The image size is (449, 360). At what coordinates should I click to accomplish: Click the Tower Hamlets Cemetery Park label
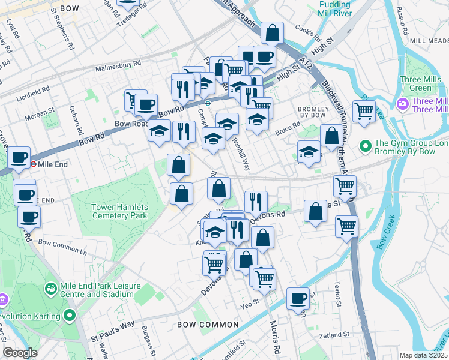click(x=119, y=211)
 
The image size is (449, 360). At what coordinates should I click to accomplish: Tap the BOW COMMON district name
click(x=208, y=325)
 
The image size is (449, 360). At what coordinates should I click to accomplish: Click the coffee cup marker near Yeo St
click(x=298, y=298)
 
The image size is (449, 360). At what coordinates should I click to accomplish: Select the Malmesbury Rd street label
click(x=119, y=62)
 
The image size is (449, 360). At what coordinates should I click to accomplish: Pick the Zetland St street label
click(x=334, y=335)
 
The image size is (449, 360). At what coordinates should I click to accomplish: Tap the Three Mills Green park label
click(x=424, y=83)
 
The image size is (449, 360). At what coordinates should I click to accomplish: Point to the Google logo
click(x=19, y=353)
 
